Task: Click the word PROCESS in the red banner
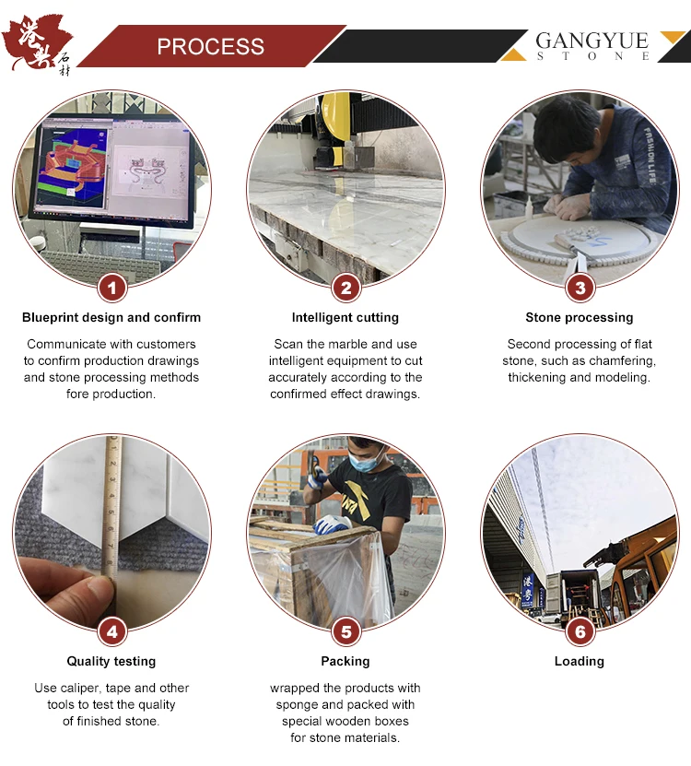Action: click(210, 47)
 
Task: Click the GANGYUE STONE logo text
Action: click(592, 46)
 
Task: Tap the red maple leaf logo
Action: click(37, 43)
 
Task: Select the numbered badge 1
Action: click(111, 288)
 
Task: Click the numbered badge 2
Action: click(345, 288)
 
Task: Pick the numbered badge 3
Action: click(580, 288)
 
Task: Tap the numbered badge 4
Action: click(111, 631)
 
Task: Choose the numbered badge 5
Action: click(345, 631)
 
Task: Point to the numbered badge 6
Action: click(580, 631)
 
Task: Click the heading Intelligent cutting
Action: click(345, 318)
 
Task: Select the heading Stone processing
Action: click(580, 318)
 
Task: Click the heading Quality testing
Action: click(111, 662)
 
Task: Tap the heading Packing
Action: click(345, 662)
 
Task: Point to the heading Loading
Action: click(580, 662)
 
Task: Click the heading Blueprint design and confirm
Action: click(111, 318)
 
